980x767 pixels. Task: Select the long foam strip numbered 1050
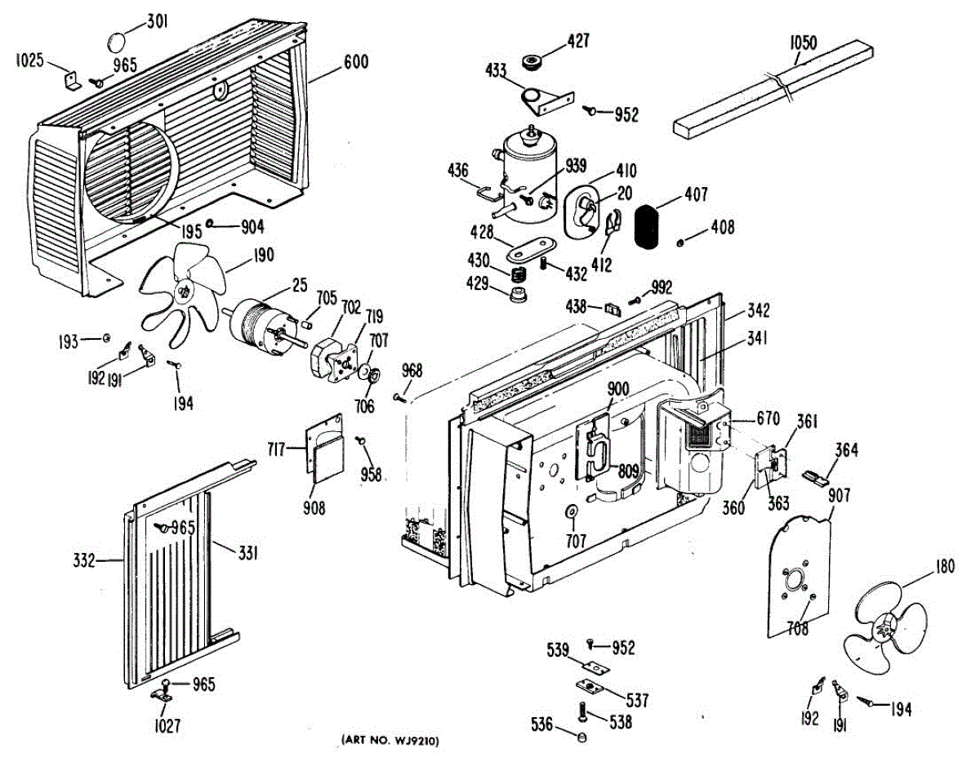[772, 90]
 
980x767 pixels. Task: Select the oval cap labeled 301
[119, 41]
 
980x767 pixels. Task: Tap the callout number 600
[355, 61]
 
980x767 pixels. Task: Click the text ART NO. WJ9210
[390, 741]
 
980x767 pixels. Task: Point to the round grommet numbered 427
[536, 60]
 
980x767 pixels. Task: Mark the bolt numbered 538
[581, 713]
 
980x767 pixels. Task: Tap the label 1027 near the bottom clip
[162, 725]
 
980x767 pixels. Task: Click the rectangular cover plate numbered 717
[324, 447]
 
